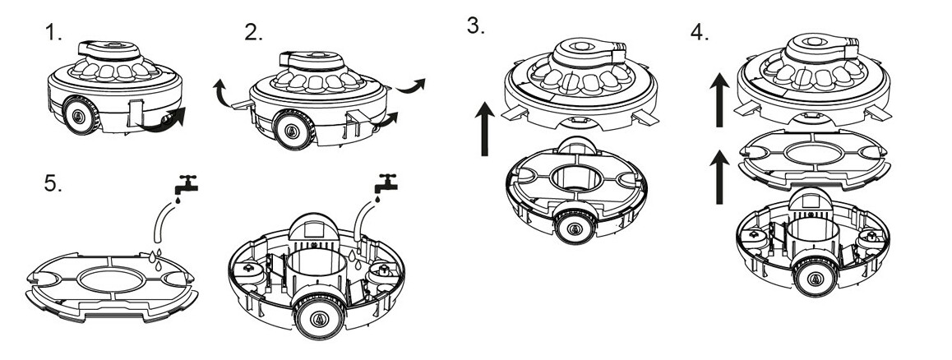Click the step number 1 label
53,35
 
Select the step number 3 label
474,25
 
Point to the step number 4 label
700,35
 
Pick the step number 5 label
53,184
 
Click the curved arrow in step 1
173,120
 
